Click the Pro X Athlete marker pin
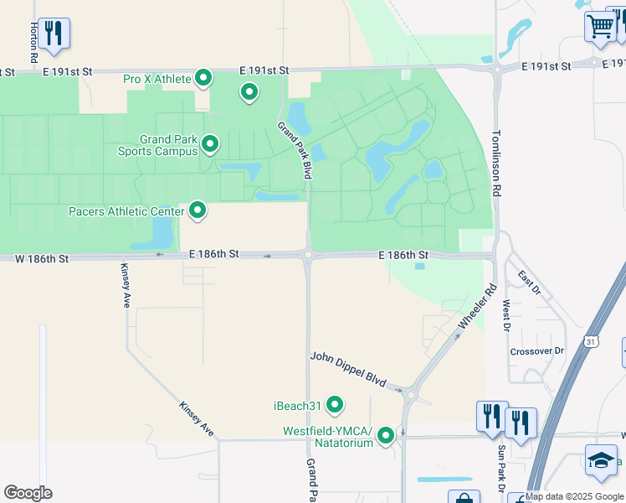pos(203,79)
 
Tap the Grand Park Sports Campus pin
pos(209,144)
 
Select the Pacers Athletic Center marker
pos(198,210)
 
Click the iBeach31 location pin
pos(335,406)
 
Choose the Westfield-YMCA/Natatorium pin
pos(386,435)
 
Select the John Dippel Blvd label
pos(347,369)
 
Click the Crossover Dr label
pos(537,351)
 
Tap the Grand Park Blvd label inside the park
pos(295,150)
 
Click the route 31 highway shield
pos(592,342)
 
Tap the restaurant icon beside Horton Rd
pos(54,33)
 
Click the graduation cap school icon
pos(600,461)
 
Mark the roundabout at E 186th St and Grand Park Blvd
pos(308,256)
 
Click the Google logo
pos(28,493)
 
